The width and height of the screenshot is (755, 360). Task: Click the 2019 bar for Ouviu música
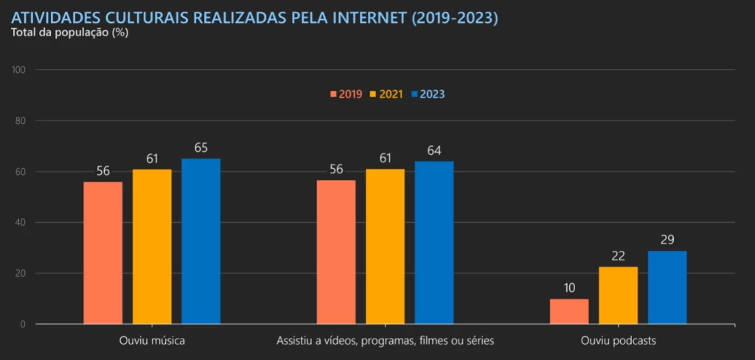point(103,252)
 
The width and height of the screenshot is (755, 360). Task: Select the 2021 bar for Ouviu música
point(152,246)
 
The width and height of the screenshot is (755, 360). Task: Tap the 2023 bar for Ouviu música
point(201,241)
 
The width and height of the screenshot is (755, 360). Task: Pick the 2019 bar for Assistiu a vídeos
point(336,252)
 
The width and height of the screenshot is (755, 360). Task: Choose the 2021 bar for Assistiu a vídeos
point(385,246)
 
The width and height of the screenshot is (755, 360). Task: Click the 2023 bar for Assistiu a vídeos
point(434,243)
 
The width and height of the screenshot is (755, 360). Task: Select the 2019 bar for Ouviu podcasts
point(569,311)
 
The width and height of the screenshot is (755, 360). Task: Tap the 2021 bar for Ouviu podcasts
point(618,295)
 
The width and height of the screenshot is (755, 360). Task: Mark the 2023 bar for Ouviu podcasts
point(667,287)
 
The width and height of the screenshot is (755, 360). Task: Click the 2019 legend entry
point(346,94)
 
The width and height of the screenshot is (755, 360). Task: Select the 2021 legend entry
point(386,94)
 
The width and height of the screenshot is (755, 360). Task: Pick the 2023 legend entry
point(428,94)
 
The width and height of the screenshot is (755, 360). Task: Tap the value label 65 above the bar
point(201,148)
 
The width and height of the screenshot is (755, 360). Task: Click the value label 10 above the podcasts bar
point(569,288)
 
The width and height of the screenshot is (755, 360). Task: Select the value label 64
point(434,150)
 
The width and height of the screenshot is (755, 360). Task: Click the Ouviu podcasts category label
point(618,342)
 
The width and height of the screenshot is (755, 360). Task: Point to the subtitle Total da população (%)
point(69,33)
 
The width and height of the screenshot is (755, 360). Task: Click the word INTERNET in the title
point(365,17)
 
